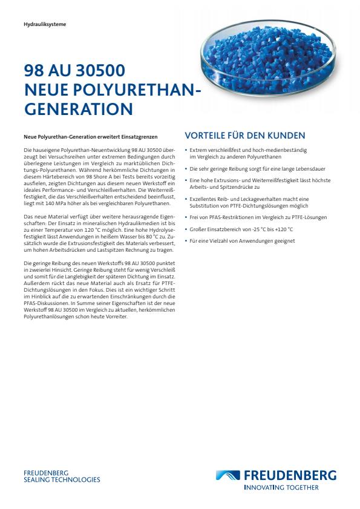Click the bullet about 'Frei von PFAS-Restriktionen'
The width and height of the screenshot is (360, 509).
point(258,217)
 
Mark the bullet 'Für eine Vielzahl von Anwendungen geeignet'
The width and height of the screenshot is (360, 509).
point(242,241)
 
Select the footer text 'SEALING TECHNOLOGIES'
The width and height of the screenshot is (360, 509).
point(62,479)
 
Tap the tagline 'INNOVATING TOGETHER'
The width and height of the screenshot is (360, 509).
point(281,487)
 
